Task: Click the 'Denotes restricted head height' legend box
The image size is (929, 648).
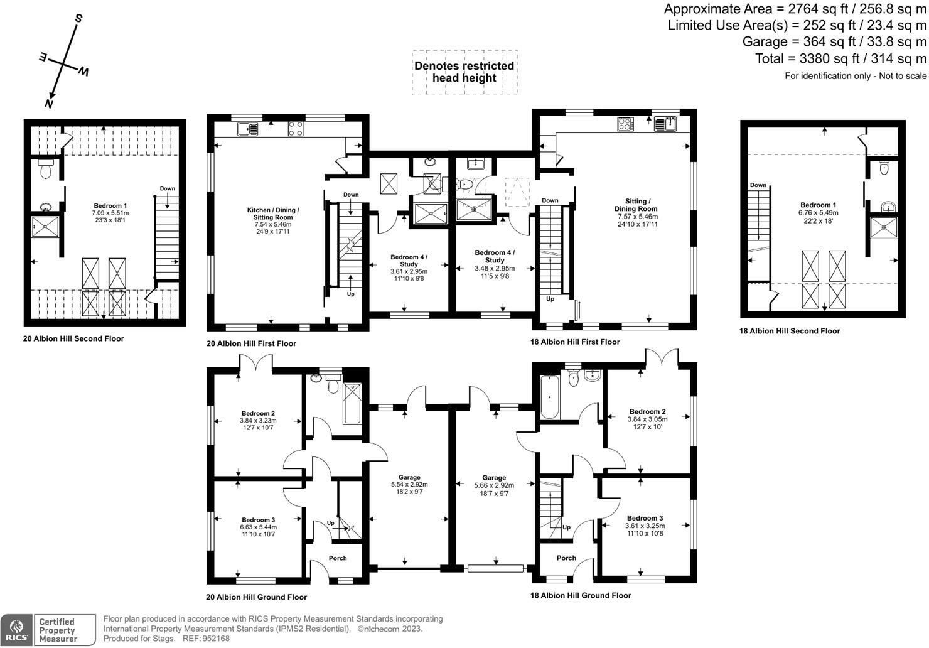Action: point(464,73)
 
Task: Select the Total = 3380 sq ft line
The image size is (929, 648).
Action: point(840,59)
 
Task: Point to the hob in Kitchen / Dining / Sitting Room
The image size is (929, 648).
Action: point(295,128)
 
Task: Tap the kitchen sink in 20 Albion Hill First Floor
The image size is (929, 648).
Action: point(247,129)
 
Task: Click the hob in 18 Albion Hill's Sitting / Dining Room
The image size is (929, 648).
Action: point(625,124)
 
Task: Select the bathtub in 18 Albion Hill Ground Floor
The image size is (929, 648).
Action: point(549,397)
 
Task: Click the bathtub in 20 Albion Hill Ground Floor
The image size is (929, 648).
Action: point(352,404)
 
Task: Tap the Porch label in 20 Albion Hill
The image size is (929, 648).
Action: point(338,558)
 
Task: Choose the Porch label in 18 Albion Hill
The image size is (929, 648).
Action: point(566,558)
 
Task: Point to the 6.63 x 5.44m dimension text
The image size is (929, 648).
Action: point(259,527)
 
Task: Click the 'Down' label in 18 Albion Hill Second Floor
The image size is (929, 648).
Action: point(758,185)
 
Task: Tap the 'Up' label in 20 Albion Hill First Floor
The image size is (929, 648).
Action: point(350,294)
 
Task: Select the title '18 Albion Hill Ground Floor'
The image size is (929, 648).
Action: point(581,595)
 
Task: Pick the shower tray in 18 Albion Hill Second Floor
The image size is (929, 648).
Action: point(883,227)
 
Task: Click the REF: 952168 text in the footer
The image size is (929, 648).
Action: point(206,639)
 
